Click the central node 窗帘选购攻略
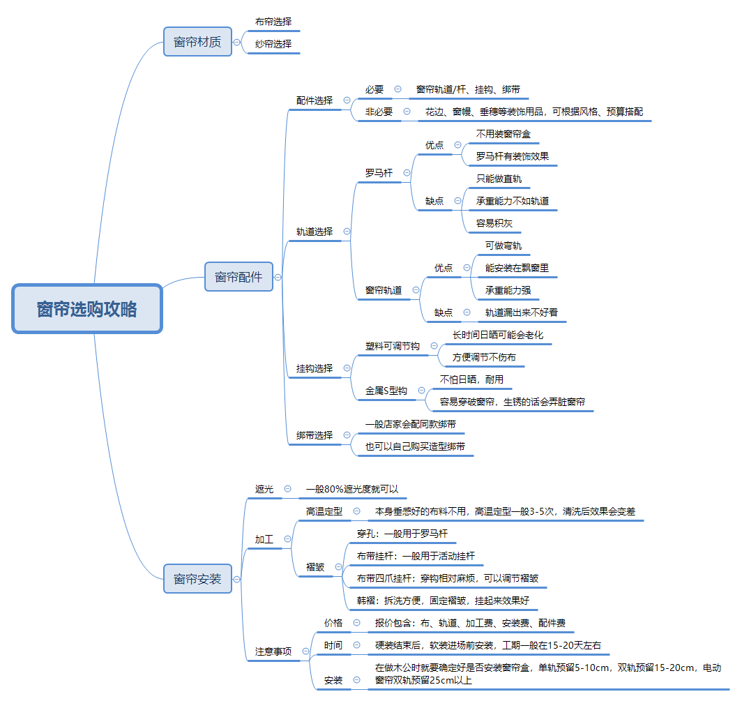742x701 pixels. (x=87, y=308)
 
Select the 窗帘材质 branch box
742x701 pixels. (x=197, y=42)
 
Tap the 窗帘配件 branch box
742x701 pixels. (x=238, y=277)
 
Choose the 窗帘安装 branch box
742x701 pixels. (x=197, y=578)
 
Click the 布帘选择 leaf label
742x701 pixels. (x=273, y=22)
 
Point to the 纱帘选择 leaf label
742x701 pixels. (x=273, y=44)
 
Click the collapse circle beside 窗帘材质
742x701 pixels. (x=237, y=43)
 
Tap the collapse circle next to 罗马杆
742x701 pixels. (x=407, y=173)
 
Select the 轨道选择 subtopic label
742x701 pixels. (x=315, y=232)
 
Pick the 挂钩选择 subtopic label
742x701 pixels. (x=315, y=368)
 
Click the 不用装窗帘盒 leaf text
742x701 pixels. (x=508, y=134)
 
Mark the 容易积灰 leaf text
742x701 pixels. (x=494, y=223)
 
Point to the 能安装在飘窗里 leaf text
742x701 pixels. (x=522, y=268)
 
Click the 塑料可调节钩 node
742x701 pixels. (x=393, y=346)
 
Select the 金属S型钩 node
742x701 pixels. (x=386, y=391)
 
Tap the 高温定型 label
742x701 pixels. (x=324, y=511)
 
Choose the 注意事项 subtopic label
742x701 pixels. (x=273, y=651)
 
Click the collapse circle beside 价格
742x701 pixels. (x=357, y=623)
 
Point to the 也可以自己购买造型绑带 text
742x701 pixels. (x=415, y=446)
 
